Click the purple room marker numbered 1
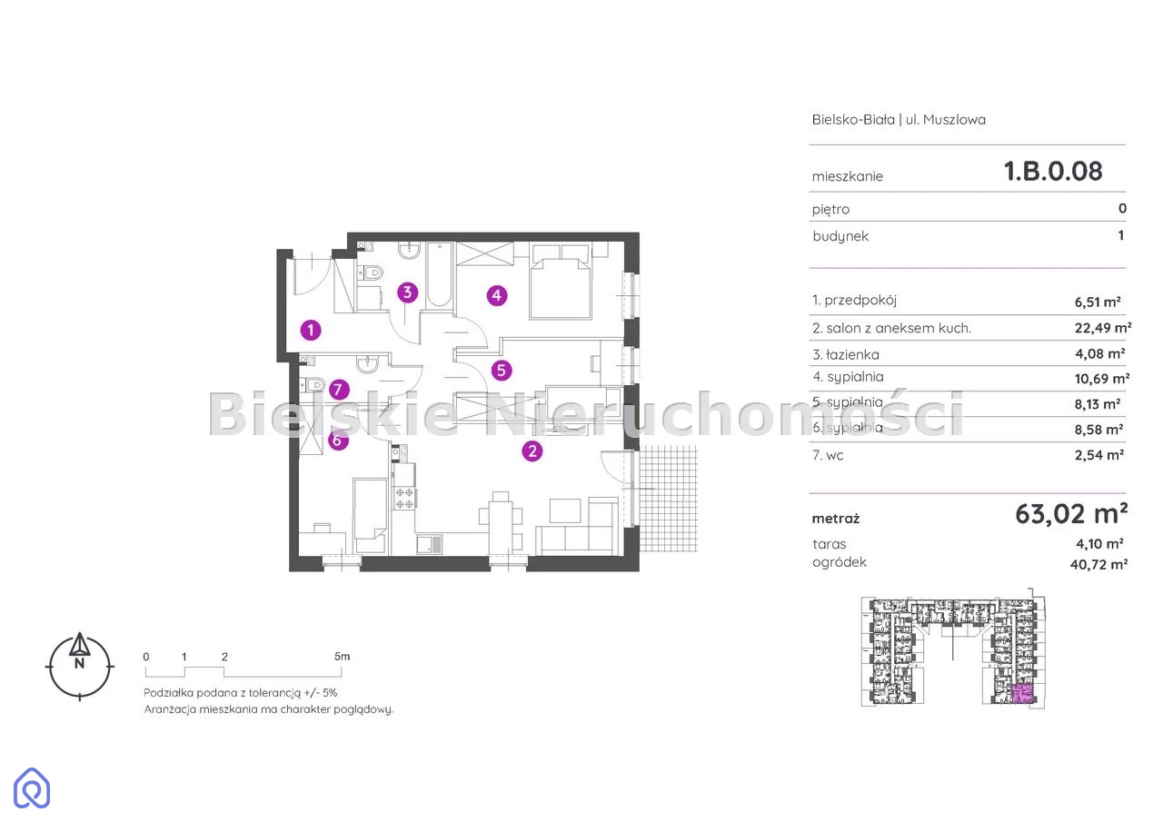311,330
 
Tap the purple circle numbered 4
497,296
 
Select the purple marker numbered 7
339,390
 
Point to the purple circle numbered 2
532,451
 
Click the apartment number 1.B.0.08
1053,172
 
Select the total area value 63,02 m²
1071,514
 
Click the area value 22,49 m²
1103,328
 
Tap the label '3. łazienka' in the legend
846,355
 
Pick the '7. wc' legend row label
828,455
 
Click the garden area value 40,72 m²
1098,564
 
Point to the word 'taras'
830,544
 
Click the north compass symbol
79,667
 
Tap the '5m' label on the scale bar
343,657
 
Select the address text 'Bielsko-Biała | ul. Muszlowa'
899,120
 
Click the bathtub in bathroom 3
439,275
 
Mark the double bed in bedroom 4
561,282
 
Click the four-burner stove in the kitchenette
404,498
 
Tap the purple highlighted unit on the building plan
1022,693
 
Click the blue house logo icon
32,787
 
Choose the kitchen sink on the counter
430,544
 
